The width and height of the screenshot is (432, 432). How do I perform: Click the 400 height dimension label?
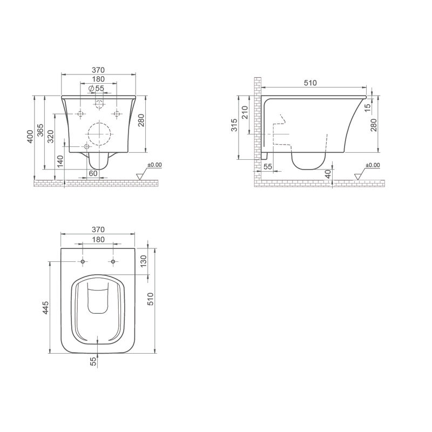[30, 137]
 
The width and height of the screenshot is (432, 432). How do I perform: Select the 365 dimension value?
[40, 130]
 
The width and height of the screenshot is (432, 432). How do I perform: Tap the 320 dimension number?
[51, 137]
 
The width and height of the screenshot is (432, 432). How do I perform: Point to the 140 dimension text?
[60, 161]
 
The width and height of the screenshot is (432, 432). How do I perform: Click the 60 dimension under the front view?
[93, 173]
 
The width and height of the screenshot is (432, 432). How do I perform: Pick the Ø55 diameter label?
[96, 89]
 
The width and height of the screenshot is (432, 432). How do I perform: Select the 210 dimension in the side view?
[245, 112]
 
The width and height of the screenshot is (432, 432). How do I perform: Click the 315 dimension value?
[234, 125]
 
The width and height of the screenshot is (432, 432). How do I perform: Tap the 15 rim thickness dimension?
[368, 107]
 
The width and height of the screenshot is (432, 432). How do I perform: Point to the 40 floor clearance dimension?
[328, 174]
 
